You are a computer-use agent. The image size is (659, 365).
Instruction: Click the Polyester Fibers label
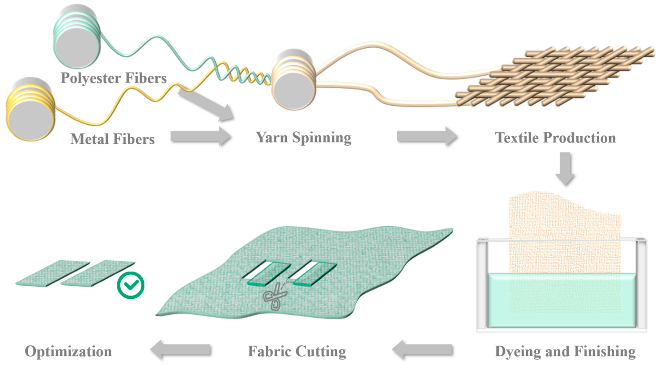coord(114,78)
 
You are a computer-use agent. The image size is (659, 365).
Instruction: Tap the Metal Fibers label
coord(113,139)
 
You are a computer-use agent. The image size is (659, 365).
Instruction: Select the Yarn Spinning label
coord(304,138)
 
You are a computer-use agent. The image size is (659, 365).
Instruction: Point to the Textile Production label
coord(555,138)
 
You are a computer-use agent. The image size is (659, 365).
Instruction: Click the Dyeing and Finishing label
coord(565,351)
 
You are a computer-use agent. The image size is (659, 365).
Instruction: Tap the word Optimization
coord(68,351)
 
